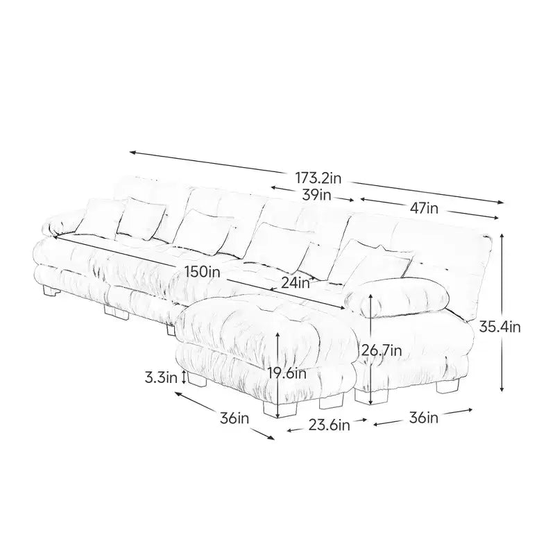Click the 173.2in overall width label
pos(318,178)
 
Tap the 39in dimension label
pos(316,195)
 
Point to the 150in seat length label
pos(203,272)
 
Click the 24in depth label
pos(296,283)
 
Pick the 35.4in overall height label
pos(499,327)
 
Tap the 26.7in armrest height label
pos(381,350)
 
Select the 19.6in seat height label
pos(287,373)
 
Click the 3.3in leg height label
pos(161,377)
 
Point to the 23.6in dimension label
pos(329,425)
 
